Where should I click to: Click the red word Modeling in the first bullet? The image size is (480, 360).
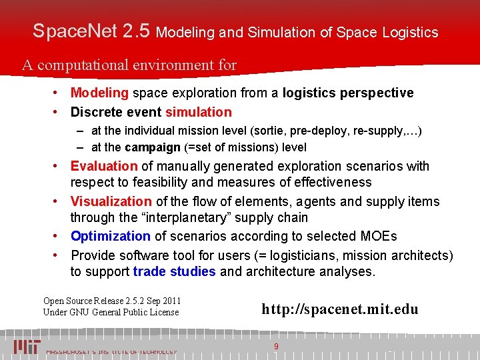coord(99,93)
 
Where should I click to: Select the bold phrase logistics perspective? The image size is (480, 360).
coord(348,93)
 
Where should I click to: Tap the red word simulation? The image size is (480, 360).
coord(199,112)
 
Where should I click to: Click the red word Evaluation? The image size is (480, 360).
coord(103,166)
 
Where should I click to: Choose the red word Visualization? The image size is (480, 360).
coord(111,201)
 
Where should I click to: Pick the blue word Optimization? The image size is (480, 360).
coord(111,236)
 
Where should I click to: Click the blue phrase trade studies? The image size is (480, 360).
coord(174,271)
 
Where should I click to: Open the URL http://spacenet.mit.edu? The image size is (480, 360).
coord(339,309)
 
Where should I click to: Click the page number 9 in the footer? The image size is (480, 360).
coord(276,346)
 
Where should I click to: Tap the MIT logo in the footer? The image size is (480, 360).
coord(27,346)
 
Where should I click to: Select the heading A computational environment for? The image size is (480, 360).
coord(129,65)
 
